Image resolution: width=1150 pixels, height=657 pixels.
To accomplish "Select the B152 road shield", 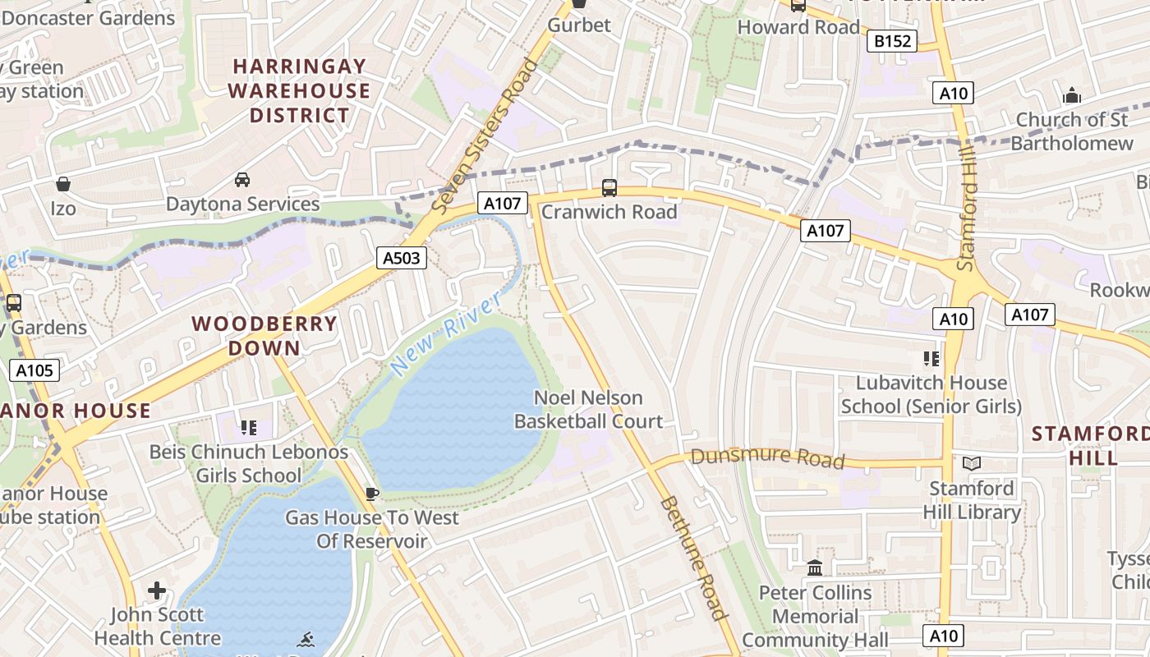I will point(891,41).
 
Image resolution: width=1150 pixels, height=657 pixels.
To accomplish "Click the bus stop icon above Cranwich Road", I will point(609,187).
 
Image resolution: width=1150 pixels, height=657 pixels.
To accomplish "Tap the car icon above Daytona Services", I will point(242,179).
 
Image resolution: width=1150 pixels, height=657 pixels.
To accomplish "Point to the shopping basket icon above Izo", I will point(63,184).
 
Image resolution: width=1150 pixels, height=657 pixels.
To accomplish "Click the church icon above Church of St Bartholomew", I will point(1071,96).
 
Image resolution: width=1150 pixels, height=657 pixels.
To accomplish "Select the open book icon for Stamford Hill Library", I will point(972,464).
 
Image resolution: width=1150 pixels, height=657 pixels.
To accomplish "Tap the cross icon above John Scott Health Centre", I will point(157,590).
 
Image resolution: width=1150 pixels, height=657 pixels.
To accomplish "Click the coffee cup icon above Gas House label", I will point(371,494).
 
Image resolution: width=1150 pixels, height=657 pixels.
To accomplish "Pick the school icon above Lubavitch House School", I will point(931,358).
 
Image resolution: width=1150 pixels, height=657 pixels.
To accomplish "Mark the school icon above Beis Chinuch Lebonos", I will point(249,427).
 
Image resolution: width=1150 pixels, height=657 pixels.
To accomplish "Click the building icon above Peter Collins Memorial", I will point(815,567).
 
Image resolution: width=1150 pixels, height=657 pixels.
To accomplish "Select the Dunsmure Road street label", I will point(767,457).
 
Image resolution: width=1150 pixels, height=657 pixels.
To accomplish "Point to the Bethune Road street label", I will point(694,558).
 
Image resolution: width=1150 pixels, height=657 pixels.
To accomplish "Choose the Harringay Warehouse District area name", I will point(299,90).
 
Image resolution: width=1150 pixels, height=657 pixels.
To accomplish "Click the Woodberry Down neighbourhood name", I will point(264,335).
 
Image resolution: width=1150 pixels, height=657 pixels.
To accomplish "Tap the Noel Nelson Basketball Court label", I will point(588,410).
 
